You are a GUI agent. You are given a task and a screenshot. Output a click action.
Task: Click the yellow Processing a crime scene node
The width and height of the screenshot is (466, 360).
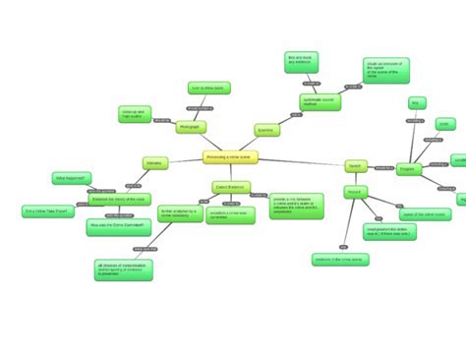pyautogui.click(x=230, y=157)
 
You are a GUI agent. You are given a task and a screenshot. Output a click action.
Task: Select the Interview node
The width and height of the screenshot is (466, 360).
pyautogui.click(x=154, y=162)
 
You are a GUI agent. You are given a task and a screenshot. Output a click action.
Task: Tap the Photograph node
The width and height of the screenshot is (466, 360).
pyautogui.click(x=190, y=128)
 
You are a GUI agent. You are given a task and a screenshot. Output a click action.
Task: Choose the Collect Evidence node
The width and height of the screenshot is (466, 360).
pyautogui.click(x=231, y=186)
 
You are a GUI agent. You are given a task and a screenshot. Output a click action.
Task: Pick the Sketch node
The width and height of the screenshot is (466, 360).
pyautogui.click(x=355, y=165)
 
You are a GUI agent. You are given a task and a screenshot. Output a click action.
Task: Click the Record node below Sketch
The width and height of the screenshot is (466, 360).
pyautogui.click(x=355, y=191)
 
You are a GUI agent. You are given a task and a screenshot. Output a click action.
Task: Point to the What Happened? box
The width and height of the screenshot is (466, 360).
pyautogui.click(x=72, y=178)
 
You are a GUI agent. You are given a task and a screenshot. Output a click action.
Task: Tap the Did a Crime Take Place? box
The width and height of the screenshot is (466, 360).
pyautogui.click(x=46, y=210)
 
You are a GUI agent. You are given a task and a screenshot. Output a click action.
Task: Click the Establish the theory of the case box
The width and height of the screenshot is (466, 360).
pyautogui.click(x=118, y=200)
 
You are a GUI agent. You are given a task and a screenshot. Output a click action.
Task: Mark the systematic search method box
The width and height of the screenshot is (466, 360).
pyautogui.click(x=320, y=102)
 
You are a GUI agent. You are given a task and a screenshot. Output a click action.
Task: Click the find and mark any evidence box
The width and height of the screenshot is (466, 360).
pyautogui.click(x=300, y=62)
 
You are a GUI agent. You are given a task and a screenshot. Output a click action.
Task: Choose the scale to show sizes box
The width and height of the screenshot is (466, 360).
pyautogui.click(x=208, y=88)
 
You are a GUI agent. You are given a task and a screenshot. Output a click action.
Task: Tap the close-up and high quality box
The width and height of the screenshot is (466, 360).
pyautogui.click(x=134, y=114)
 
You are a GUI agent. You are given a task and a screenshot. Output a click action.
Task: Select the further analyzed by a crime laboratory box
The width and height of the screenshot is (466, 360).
pyautogui.click(x=180, y=213)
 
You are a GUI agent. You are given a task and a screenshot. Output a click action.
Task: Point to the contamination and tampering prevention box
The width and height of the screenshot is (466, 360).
pyautogui.click(x=123, y=270)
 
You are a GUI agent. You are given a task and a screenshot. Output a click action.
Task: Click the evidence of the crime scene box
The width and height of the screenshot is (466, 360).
pyautogui.click(x=339, y=260)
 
